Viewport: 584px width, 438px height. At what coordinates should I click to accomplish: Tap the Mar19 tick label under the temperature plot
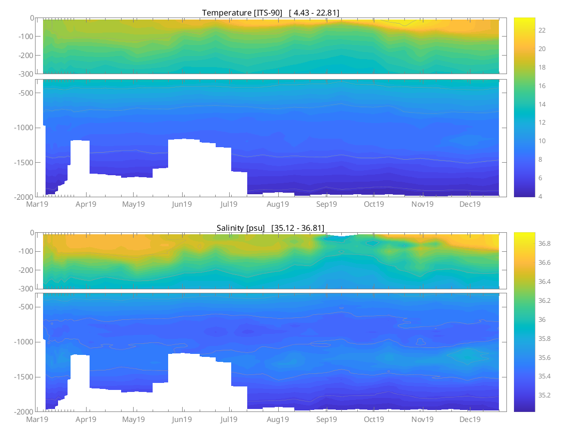click(x=37, y=204)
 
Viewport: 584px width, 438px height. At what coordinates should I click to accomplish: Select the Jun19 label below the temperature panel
click(x=182, y=204)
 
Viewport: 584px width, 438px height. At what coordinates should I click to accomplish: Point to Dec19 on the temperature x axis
click(x=470, y=204)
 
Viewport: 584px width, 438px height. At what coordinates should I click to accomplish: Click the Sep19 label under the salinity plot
click(x=326, y=419)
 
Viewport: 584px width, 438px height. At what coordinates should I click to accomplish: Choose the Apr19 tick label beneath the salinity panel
click(x=86, y=419)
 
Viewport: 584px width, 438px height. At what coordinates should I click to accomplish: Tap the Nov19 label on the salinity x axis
click(x=422, y=419)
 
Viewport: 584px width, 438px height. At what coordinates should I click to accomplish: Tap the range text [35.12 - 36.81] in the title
click(x=298, y=228)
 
